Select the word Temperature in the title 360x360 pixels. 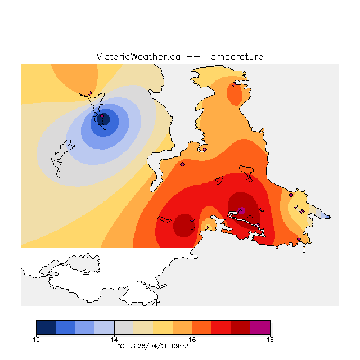click(234, 57)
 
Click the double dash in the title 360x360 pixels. click(193, 57)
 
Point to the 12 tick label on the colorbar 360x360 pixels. click(37, 339)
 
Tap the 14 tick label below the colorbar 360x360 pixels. click(114, 339)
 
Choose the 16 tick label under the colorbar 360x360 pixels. click(192, 339)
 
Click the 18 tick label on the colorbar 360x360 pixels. click(270, 339)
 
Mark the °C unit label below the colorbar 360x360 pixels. click(120, 346)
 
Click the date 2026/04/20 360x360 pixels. click(150, 346)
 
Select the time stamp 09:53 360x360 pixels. click(179, 346)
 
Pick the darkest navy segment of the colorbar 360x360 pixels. click(46, 327)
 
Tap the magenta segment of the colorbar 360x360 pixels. click(260, 327)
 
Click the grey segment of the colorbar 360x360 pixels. click(124, 327)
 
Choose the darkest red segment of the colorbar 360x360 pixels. click(241, 327)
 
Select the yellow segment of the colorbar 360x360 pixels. click(163, 327)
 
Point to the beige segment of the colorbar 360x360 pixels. click(143, 327)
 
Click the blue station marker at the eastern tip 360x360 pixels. click(328, 217)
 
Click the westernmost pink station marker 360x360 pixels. click(89, 93)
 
